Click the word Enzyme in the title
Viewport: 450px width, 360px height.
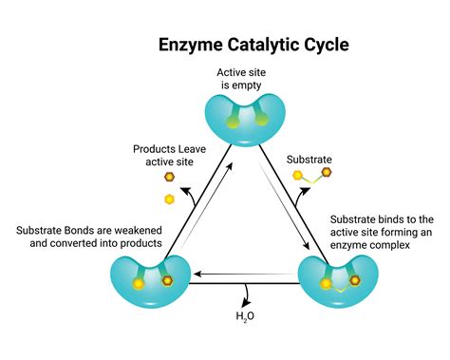(x=187, y=44)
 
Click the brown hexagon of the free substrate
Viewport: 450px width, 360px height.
(x=326, y=172)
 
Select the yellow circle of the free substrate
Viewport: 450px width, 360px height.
(x=298, y=177)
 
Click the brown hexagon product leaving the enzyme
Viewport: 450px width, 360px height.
(x=169, y=177)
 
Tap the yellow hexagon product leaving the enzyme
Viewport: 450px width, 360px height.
(x=170, y=199)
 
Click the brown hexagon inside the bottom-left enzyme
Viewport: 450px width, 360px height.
(x=163, y=281)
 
